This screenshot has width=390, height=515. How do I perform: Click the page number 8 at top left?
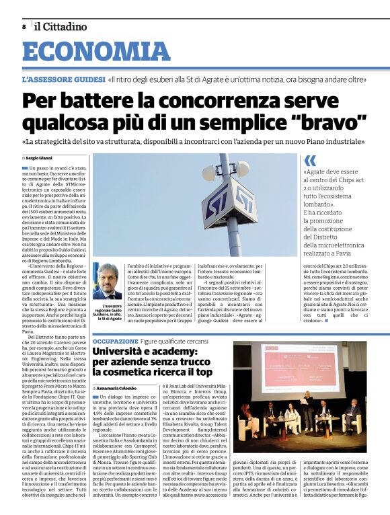pyautogui.click(x=24, y=27)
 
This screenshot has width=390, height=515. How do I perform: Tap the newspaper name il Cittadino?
pyautogui.click(x=61, y=27)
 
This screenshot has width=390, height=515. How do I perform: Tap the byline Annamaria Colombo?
pyautogui.click(x=120, y=389)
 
